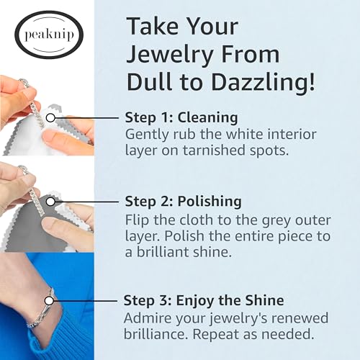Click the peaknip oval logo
coord(48,35)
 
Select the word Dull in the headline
coord(150,81)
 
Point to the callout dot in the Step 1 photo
coord(51,117)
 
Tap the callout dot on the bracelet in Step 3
coord(51,300)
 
